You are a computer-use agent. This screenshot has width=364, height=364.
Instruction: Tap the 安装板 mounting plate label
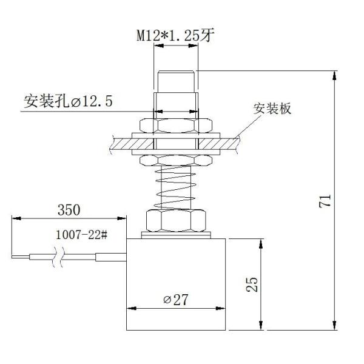[x=272, y=109]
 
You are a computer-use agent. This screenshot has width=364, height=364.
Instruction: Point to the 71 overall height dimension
[x=325, y=201]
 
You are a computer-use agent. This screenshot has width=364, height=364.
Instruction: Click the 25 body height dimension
[x=252, y=285]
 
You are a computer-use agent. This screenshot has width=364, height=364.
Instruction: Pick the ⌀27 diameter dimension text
[x=175, y=300]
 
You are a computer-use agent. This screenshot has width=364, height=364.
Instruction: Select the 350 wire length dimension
[x=69, y=210]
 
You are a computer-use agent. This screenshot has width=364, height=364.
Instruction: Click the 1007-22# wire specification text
[x=81, y=235]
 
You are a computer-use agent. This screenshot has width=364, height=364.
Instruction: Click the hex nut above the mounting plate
[x=176, y=126]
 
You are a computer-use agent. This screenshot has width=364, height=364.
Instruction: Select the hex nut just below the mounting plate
[x=176, y=160]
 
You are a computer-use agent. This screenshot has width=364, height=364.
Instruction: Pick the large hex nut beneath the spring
[x=176, y=221]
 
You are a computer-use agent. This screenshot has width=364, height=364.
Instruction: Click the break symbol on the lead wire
[x=58, y=257]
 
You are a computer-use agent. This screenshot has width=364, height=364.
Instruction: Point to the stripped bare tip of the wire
[x=21, y=257]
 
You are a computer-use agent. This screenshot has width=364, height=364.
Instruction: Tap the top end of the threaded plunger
[x=176, y=72]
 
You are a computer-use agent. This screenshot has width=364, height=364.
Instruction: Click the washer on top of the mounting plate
[x=176, y=135]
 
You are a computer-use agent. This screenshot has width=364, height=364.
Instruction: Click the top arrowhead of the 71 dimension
[x=334, y=75]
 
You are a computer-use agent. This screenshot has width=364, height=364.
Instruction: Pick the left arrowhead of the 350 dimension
[x=16, y=218]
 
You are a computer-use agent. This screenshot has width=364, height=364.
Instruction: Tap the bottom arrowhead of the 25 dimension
[x=261, y=325]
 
